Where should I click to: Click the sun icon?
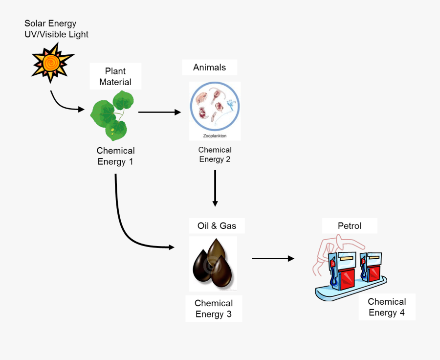pyautogui.click(x=52, y=62)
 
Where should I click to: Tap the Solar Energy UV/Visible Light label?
pyautogui.click(x=56, y=29)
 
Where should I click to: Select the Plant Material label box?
pyautogui.click(x=115, y=76)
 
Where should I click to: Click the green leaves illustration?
pyautogui.click(x=112, y=115)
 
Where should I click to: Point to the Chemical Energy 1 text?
pyautogui.click(x=115, y=156)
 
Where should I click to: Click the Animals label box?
pyautogui.click(x=209, y=67)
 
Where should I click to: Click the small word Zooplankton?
pyautogui.click(x=215, y=136)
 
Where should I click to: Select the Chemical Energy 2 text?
pyautogui.click(x=215, y=155)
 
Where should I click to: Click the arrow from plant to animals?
pyautogui.click(x=159, y=112)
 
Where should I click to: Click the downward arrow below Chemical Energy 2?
pyautogui.click(x=215, y=188)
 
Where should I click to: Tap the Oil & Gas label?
pyautogui.click(x=217, y=225)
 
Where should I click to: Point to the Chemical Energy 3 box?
pyautogui.click(x=214, y=309)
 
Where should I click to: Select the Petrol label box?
pyautogui.click(x=350, y=225)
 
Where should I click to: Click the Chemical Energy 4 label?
pyautogui.click(x=387, y=307)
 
